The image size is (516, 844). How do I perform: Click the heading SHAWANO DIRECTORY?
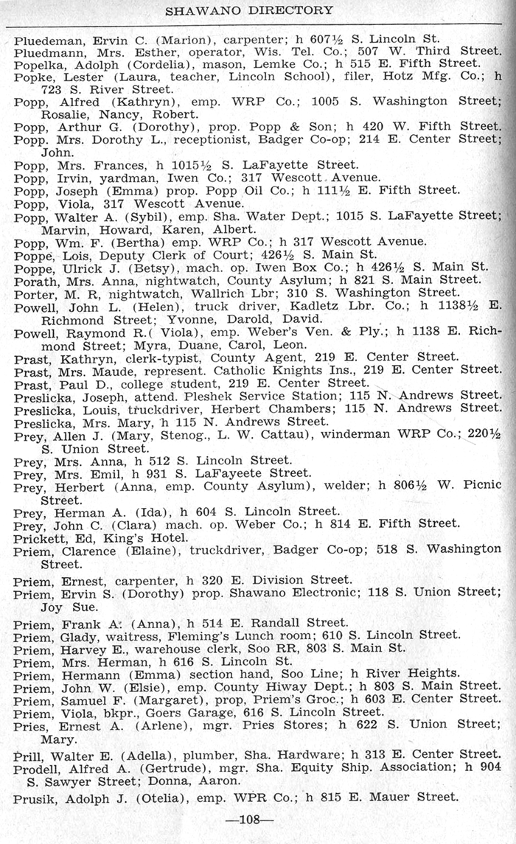pyautogui.click(x=248, y=10)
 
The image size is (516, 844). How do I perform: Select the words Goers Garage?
pyautogui.click(x=180, y=711)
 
